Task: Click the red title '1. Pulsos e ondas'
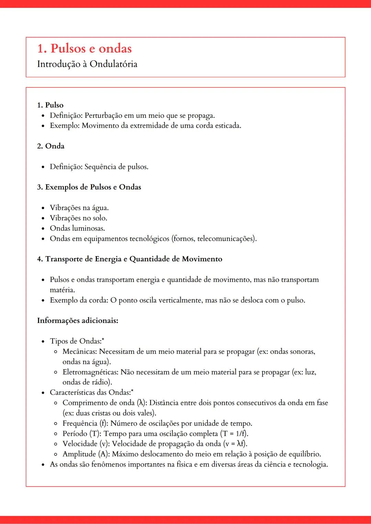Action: coord(85,49)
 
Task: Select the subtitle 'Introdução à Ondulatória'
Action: coord(87,64)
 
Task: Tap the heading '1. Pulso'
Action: coord(50,105)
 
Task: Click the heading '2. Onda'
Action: coord(51,146)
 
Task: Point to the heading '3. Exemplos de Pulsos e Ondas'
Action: coord(89,187)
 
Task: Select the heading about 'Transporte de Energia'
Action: coord(130,259)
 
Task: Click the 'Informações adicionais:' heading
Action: coord(78,321)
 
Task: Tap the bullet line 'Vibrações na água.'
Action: coord(79,208)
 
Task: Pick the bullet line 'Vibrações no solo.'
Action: coord(79,218)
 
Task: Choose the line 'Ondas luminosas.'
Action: coord(77,228)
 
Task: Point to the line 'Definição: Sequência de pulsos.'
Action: coord(99,167)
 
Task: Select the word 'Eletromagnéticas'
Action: coord(90,372)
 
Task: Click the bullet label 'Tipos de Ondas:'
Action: coord(76,341)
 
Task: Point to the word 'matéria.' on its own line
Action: coord(62,290)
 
